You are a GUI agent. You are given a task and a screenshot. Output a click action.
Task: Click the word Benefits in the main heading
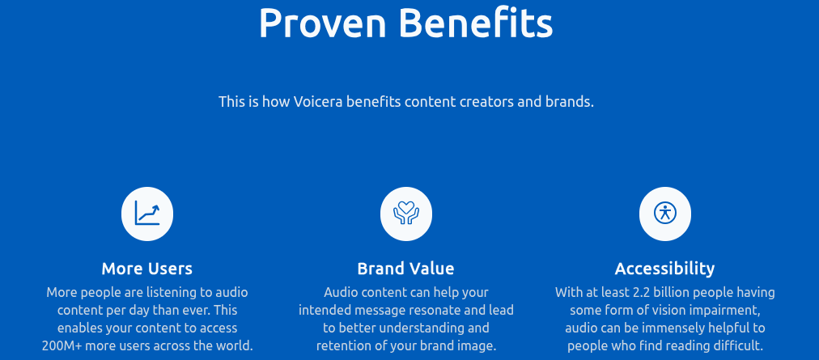[x=475, y=24]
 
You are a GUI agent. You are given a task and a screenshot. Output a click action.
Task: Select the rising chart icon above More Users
[x=147, y=214]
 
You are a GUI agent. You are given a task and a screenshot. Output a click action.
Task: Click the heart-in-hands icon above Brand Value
[x=406, y=214]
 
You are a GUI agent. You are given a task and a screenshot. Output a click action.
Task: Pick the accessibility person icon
[x=665, y=214]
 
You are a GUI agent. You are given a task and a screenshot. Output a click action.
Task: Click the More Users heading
[x=147, y=269]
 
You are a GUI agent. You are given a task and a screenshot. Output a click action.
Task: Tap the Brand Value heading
[x=406, y=269]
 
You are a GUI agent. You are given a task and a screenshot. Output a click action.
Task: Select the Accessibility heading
[x=665, y=269]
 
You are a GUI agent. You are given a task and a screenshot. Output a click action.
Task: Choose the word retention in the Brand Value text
[x=344, y=346]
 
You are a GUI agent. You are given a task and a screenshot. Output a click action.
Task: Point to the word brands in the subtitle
[x=571, y=103]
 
